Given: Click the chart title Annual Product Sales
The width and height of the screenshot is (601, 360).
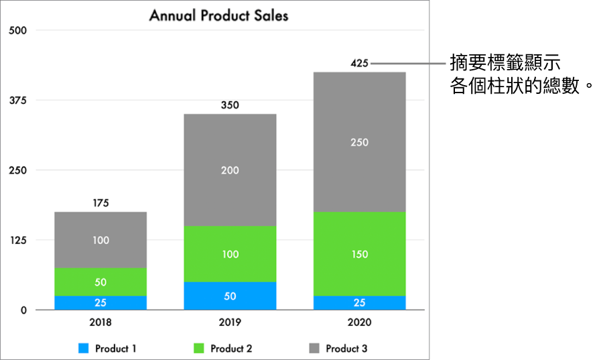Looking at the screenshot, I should pyautogui.click(x=218, y=15).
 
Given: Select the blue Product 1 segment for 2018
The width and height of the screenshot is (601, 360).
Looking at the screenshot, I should pyautogui.click(x=101, y=302).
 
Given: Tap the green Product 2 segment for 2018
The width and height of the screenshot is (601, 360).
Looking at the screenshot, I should pyautogui.click(x=101, y=282).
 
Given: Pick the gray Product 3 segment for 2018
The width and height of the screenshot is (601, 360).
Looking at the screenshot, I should pyautogui.click(x=101, y=239).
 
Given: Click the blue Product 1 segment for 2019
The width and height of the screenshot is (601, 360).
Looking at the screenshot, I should pyautogui.click(x=230, y=296).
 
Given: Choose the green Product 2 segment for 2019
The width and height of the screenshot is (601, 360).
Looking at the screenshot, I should pyautogui.click(x=230, y=254).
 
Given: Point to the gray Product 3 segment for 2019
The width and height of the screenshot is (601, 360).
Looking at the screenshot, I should pyautogui.click(x=230, y=170).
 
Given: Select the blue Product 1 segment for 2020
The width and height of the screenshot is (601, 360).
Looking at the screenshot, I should pyautogui.click(x=359, y=302).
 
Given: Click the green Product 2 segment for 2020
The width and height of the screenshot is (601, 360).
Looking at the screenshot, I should pyautogui.click(x=359, y=254).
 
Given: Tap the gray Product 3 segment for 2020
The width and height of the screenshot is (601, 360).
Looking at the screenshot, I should pyautogui.click(x=359, y=141).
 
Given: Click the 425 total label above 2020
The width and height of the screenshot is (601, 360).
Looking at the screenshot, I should pyautogui.click(x=359, y=64).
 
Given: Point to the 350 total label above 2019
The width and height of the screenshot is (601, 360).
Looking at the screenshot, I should pyautogui.click(x=230, y=105).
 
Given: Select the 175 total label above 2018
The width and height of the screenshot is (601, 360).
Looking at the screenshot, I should pyautogui.click(x=101, y=202).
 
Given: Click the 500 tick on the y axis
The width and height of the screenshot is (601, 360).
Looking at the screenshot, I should pyautogui.click(x=17, y=30).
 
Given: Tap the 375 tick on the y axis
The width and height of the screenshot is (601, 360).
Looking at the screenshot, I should pyautogui.click(x=17, y=101).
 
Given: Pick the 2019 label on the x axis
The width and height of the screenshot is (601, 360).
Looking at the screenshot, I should pyautogui.click(x=230, y=322).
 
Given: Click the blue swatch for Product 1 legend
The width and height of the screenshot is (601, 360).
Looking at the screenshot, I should pyautogui.click(x=84, y=349).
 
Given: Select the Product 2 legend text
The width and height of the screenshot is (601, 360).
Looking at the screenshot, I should pyautogui.click(x=231, y=349).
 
